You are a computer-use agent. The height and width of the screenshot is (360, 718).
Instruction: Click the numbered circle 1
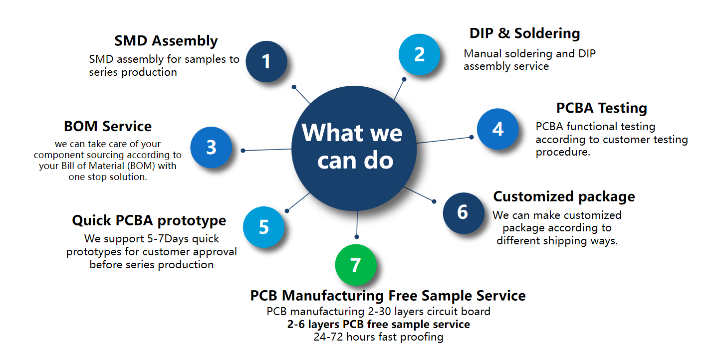click(266, 62)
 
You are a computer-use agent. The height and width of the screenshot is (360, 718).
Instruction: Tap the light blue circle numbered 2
click(419, 54)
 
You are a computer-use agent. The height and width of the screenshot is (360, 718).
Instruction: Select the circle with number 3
click(211, 148)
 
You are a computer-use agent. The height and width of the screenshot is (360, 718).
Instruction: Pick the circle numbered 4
click(497, 129)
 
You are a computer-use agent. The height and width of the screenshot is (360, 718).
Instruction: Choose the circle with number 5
click(263, 227)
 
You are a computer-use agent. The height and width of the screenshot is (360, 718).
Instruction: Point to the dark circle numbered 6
click(463, 212)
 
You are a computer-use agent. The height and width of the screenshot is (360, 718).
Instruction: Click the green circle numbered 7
click(355, 265)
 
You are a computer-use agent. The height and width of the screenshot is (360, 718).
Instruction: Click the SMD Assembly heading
click(166, 41)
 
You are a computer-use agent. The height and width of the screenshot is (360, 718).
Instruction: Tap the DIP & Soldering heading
click(524, 33)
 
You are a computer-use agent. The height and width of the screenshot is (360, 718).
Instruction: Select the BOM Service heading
click(108, 126)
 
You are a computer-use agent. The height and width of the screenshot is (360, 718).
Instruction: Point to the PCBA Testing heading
click(601, 108)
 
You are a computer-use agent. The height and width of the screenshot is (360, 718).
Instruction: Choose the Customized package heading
click(564, 196)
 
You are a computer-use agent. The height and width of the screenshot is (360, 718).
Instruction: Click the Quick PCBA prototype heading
click(149, 220)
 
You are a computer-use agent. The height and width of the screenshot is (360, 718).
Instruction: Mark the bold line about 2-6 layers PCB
click(378, 325)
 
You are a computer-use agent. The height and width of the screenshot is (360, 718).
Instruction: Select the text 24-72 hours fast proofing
click(378, 337)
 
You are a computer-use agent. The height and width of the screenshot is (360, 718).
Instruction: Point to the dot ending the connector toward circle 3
click(243, 150)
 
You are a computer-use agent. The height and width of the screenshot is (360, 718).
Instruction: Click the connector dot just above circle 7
click(356, 236)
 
